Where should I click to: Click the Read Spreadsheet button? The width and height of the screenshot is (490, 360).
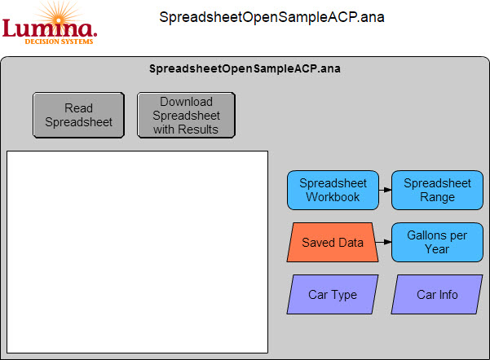(79, 115)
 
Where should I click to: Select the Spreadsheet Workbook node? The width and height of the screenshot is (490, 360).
(333, 190)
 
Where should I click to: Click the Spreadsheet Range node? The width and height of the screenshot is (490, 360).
(437, 190)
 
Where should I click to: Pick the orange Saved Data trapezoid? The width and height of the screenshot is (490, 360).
(333, 242)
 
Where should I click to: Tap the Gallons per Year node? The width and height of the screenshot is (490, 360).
(437, 242)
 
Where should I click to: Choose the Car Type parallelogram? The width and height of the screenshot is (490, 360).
(333, 294)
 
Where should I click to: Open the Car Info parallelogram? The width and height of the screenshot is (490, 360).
(437, 294)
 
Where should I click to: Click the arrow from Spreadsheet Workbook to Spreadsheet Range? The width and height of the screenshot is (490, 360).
(385, 190)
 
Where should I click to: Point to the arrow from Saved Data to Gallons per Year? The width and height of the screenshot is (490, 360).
(383, 242)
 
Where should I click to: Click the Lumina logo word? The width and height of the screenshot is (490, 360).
(50, 29)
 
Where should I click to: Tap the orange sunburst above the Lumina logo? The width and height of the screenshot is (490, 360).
(59, 15)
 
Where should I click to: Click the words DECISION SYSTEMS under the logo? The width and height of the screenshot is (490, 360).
(59, 42)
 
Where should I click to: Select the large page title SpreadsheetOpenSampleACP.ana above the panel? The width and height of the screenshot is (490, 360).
(271, 17)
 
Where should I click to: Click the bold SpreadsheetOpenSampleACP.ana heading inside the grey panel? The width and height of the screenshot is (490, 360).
(245, 68)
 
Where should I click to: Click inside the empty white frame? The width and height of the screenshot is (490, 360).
(137, 252)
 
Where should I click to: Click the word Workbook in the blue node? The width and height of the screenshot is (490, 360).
(333, 197)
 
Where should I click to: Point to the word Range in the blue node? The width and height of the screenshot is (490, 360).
(437, 197)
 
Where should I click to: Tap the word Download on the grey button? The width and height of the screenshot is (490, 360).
(186, 102)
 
